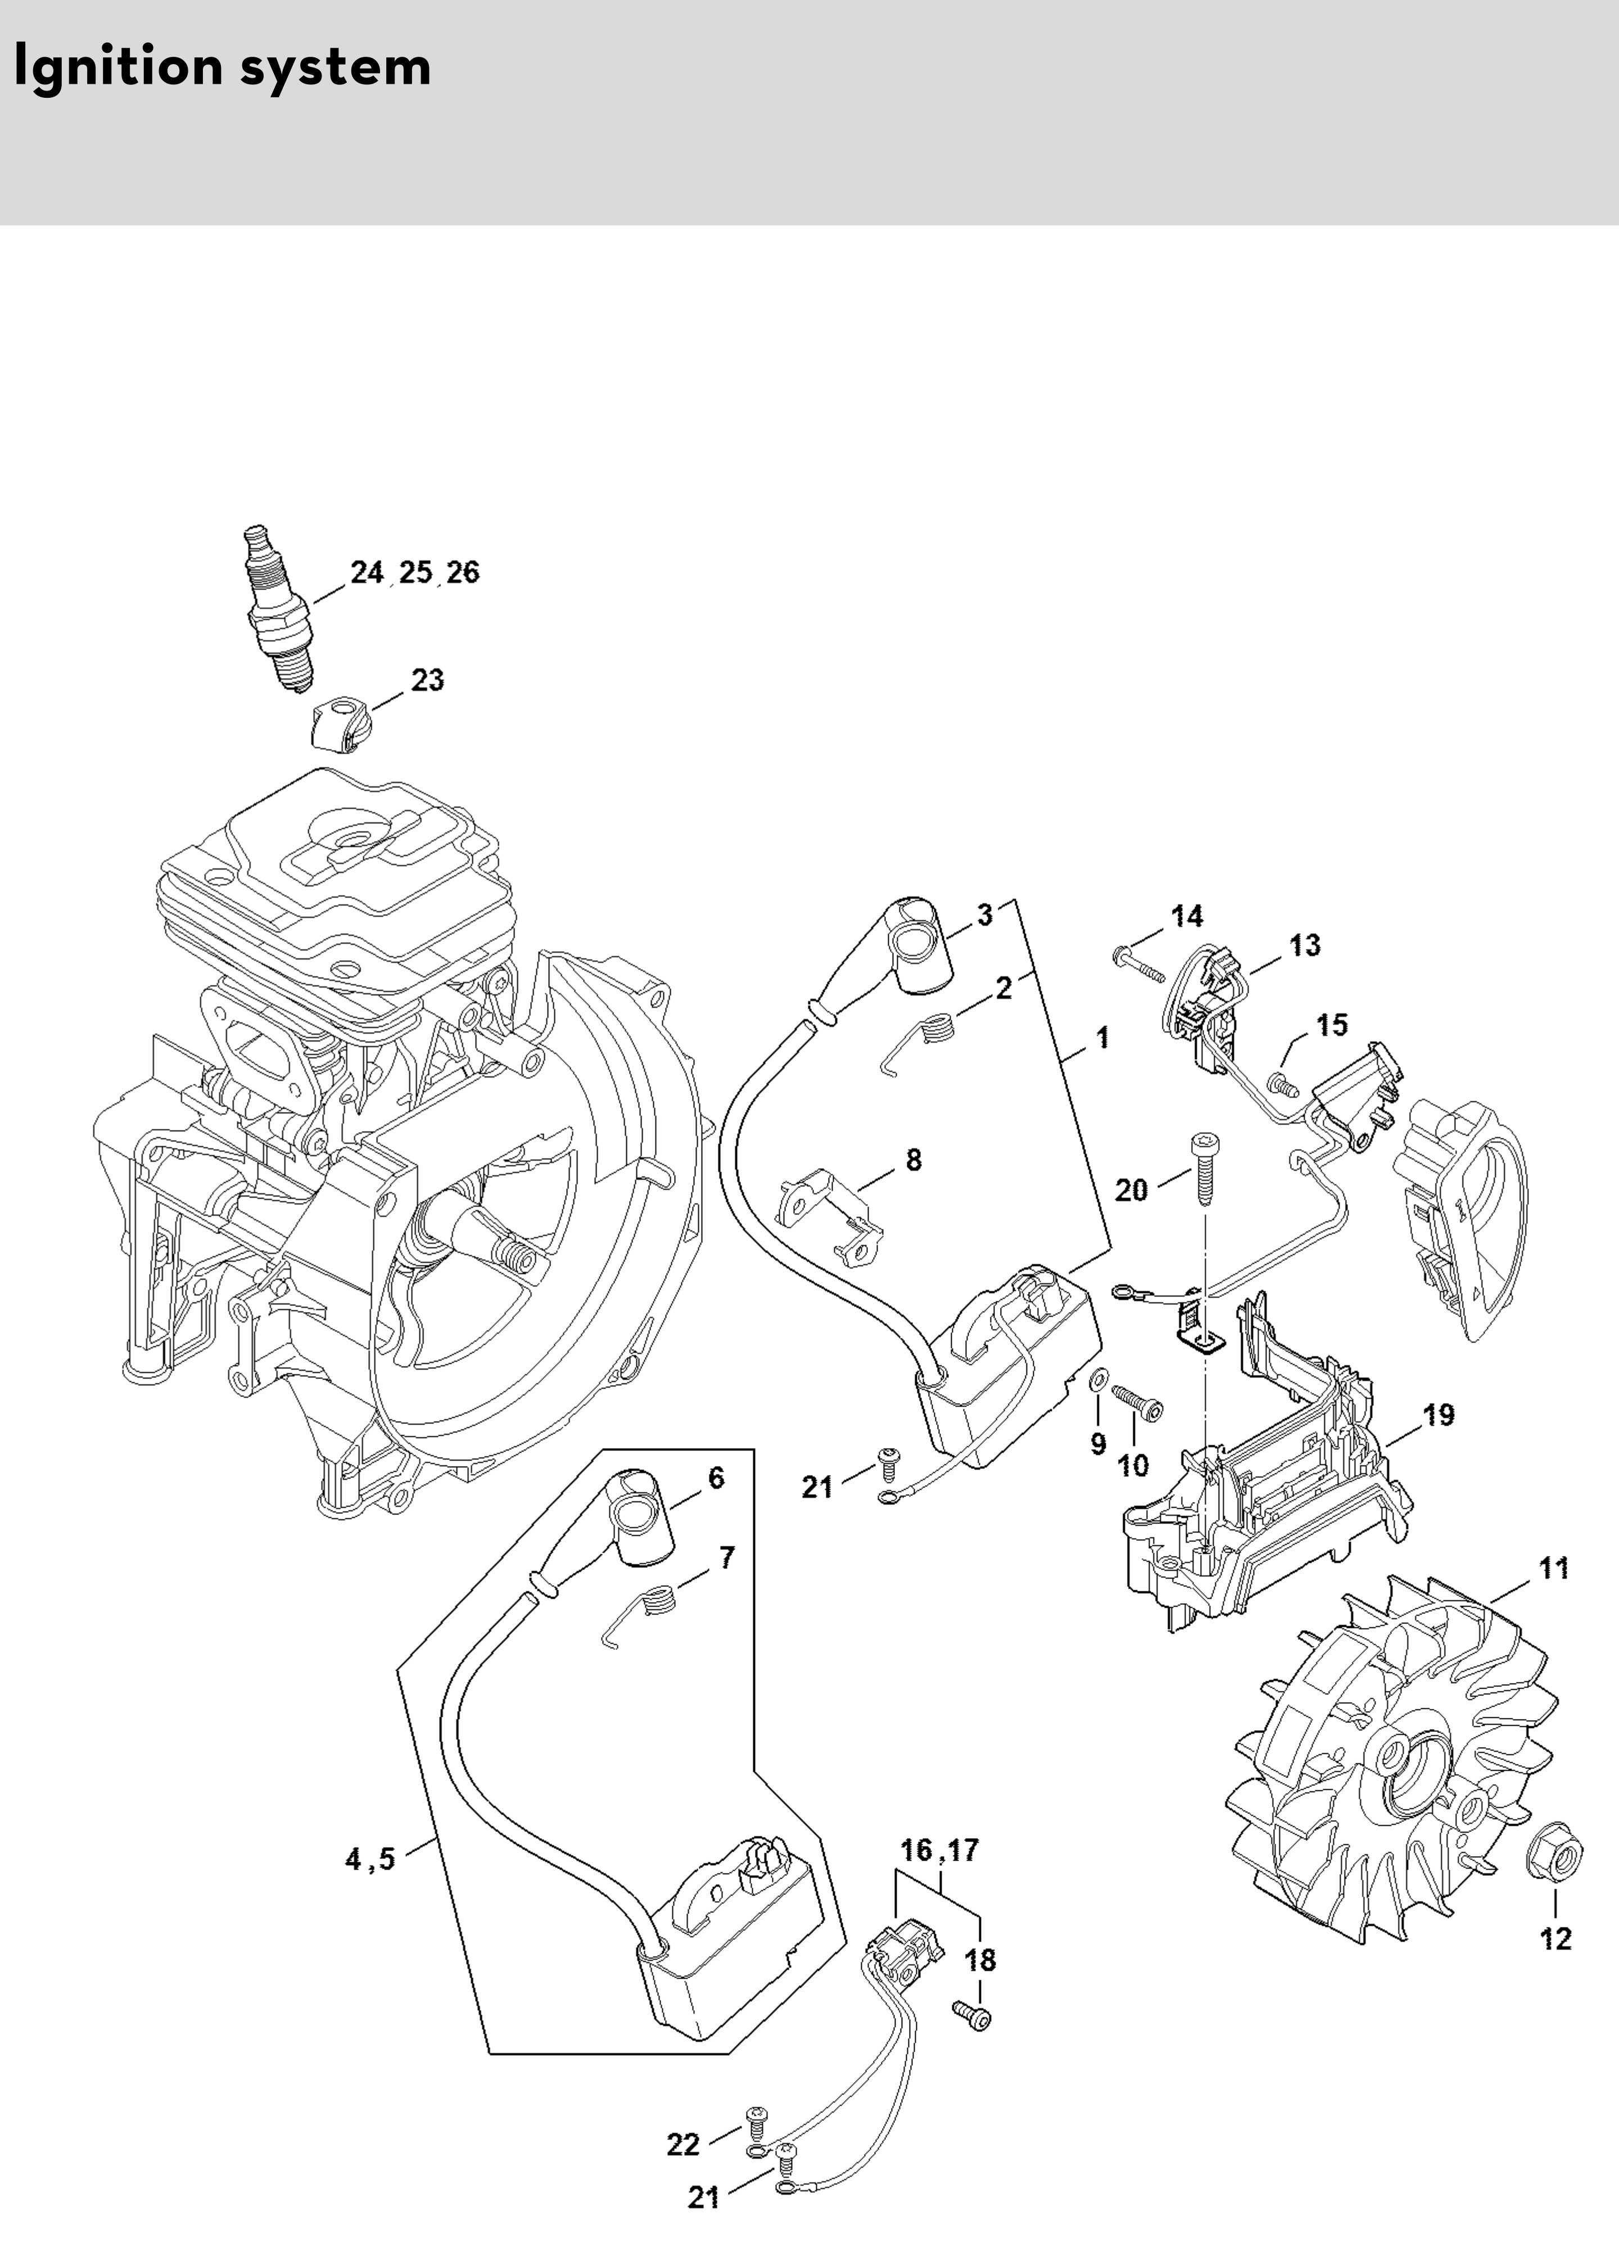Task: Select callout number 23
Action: [x=427, y=681]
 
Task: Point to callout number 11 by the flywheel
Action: [x=1554, y=1568]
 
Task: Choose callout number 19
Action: [x=1439, y=1415]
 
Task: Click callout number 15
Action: [x=1332, y=1025]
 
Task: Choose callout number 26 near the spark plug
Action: [x=462, y=573]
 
